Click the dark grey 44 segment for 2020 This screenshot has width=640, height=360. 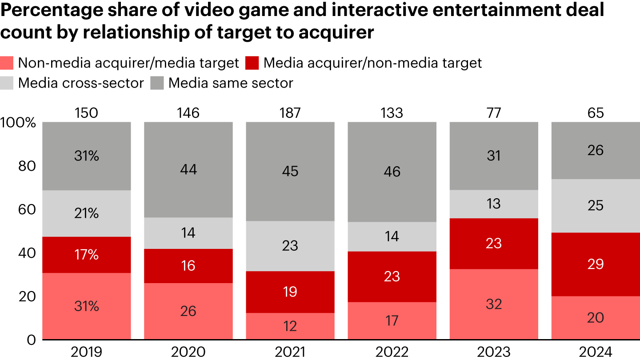(x=188, y=170)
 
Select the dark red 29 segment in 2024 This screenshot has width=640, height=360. (x=596, y=264)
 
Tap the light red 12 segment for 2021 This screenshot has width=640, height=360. (x=290, y=326)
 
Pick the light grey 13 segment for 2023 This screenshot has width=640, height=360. (x=494, y=204)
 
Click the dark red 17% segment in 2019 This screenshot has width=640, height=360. (x=86, y=255)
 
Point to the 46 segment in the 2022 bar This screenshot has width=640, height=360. (x=392, y=172)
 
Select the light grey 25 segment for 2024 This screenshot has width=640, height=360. (x=596, y=206)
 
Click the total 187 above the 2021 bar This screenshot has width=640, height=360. (x=290, y=113)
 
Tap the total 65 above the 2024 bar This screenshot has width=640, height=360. (x=596, y=113)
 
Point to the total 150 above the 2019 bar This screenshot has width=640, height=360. (x=86, y=113)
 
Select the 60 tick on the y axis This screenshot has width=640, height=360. (x=26, y=209)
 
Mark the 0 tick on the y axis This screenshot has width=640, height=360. (x=30, y=340)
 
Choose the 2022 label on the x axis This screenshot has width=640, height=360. (x=392, y=352)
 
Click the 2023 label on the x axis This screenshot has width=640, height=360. (x=494, y=352)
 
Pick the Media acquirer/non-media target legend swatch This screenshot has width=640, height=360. (x=252, y=63)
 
